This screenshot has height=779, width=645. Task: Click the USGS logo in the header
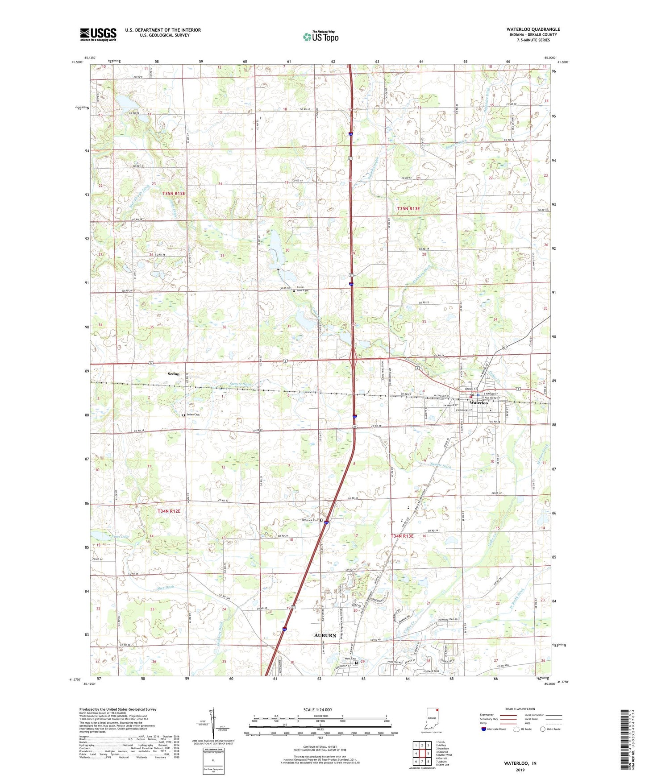pyautogui.click(x=98, y=34)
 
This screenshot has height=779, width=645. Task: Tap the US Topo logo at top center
pyautogui.click(x=320, y=37)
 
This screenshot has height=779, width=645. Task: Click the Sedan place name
pyautogui.click(x=173, y=374)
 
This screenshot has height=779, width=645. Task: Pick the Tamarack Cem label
pyautogui.click(x=309, y=520)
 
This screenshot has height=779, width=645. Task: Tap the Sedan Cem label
pyautogui.click(x=192, y=415)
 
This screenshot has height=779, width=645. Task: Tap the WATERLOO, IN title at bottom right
pyautogui.click(x=520, y=763)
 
